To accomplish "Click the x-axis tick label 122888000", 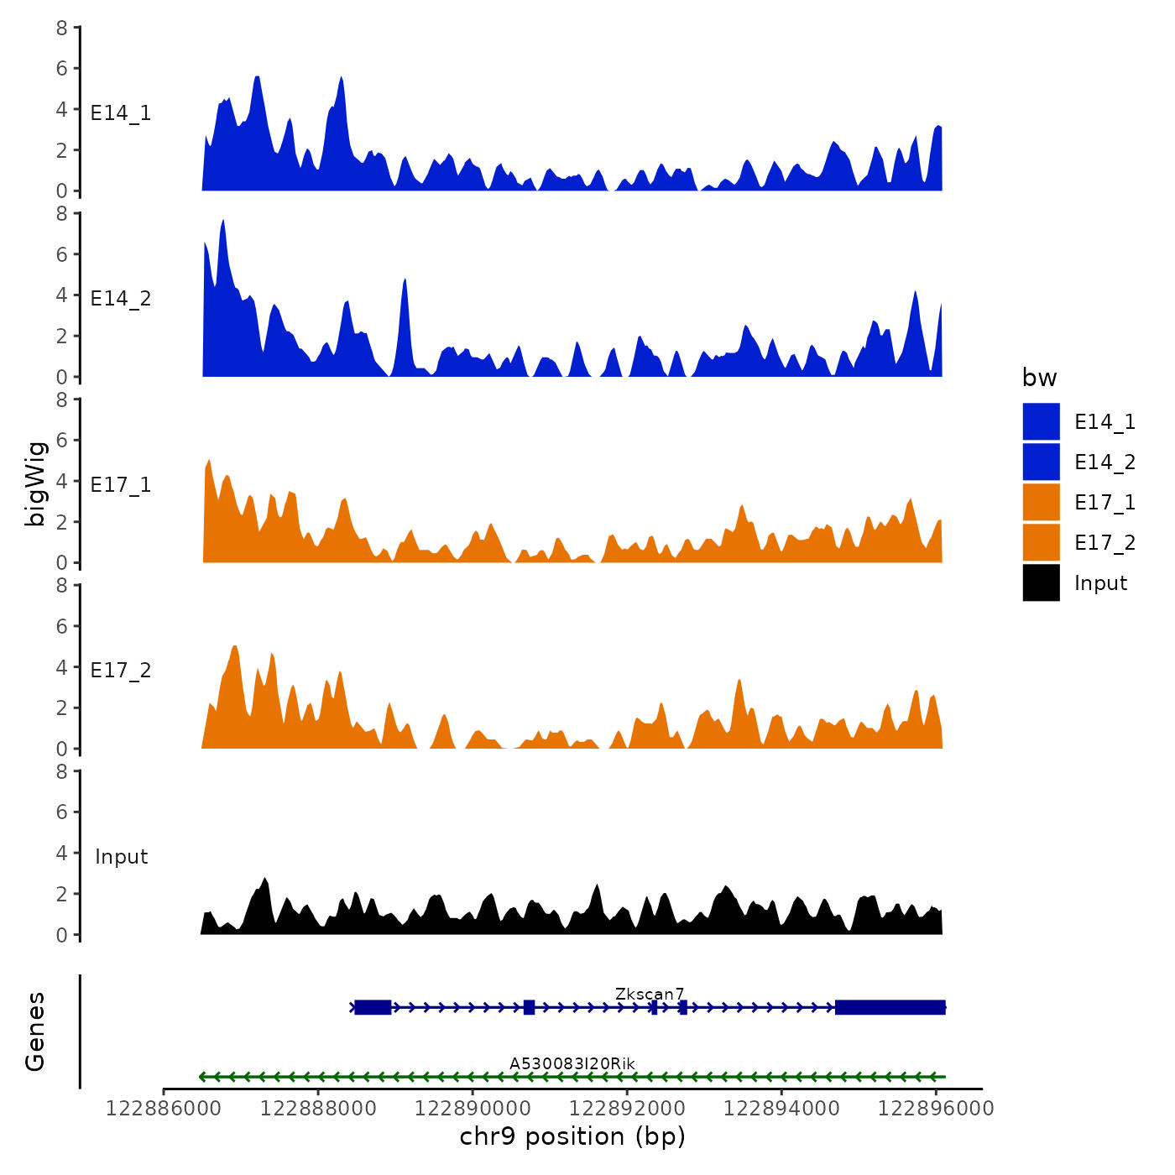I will pos(318,1109).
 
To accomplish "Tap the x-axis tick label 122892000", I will pos(627,1109).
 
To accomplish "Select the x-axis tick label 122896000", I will pos(936,1109).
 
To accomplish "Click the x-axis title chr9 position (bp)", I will pos(572,1136).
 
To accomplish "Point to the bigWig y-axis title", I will pos(36,484).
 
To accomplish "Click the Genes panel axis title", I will pos(35,1031).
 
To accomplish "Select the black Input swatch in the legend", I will pos(1041,582).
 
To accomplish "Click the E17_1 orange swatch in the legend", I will pos(1041,502).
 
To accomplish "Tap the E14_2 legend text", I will pos(1104,462).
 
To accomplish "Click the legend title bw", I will pos(1039,379).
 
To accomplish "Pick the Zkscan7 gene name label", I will pos(650,994).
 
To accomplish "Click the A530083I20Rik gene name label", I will pos(572,1063).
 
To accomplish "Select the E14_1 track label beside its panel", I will pos(121,113).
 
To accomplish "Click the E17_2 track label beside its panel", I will pos(121,671).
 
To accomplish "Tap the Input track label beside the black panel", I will pos(121,857).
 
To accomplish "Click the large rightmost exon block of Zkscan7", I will pos(890,1007).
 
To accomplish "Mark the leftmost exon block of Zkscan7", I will pos(373,1007).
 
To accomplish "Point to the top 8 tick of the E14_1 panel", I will pos(62,28).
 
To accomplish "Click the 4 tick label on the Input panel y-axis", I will pos(62,853).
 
